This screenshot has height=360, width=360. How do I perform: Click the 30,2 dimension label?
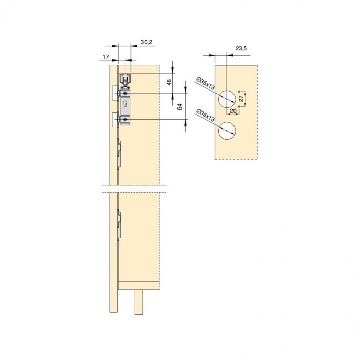pos(147,42)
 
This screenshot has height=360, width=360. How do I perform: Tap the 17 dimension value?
pos(106,57)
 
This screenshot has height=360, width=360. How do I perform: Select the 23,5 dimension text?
pos(241,48)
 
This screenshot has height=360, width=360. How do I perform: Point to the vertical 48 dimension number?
pos(169,82)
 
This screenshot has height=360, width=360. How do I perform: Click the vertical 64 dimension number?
pos(179,107)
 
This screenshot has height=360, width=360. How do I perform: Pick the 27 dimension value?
pos(241,99)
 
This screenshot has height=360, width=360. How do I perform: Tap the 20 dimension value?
pos(233,111)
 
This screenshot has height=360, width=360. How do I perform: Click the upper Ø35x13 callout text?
pos(206,84)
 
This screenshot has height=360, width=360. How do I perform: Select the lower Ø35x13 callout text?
pos(206,116)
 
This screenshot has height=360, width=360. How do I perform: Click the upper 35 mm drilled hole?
pos(227,99)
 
